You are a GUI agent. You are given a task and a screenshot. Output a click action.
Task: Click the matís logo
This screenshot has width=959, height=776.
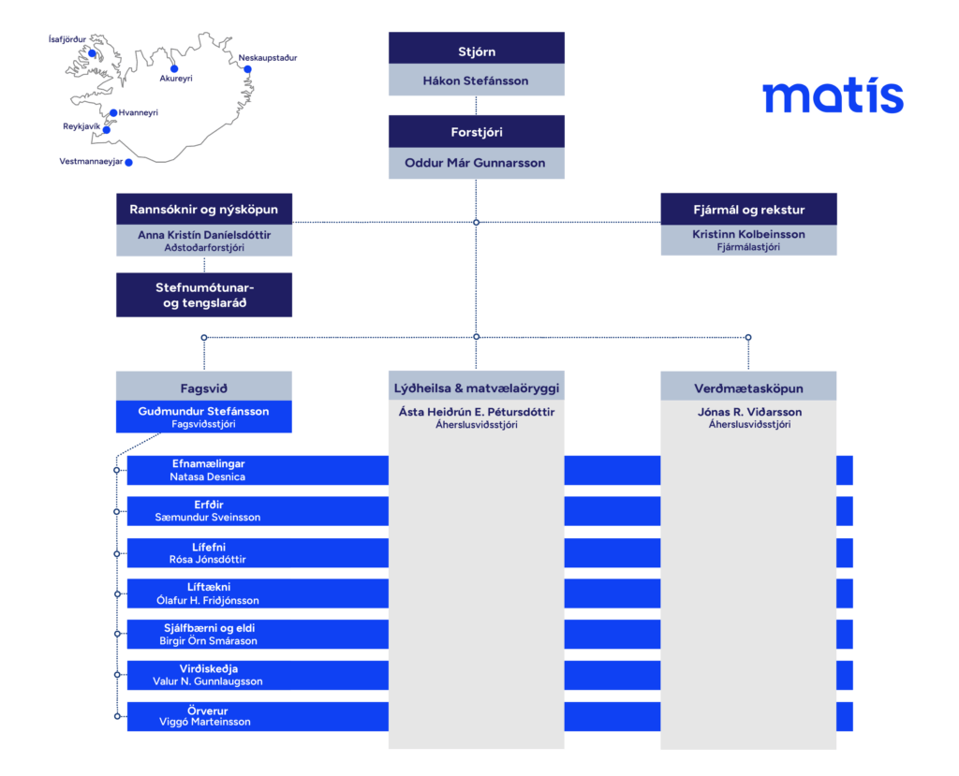(833, 95)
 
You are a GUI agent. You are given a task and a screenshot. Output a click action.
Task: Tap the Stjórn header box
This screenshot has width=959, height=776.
(477, 49)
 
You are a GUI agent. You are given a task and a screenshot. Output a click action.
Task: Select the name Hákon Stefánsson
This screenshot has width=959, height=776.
(476, 81)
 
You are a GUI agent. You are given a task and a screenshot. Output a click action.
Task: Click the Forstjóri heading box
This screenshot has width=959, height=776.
(477, 131)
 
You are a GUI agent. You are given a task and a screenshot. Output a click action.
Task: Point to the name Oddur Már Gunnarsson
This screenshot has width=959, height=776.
(475, 163)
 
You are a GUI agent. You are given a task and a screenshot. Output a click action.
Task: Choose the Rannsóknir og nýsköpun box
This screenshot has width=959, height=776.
(204, 209)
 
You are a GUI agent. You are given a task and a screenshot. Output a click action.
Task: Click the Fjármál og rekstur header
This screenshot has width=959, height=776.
(748, 209)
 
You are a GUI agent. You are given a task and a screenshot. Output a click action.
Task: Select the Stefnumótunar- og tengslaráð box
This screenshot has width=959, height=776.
(204, 295)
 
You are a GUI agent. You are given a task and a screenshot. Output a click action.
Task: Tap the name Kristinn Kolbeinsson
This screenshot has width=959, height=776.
(748, 234)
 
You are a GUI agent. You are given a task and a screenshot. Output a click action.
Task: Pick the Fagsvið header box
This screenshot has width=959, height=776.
(204, 387)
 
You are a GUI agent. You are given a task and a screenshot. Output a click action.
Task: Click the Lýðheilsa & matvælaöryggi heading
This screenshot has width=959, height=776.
(477, 387)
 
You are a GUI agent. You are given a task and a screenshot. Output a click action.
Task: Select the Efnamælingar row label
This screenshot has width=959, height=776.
(209, 463)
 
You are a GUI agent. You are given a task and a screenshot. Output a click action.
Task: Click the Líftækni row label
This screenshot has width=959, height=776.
(209, 587)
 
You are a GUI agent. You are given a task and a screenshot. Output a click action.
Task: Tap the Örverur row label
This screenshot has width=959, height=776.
(208, 710)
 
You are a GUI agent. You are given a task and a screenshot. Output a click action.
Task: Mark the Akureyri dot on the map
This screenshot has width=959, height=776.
(174, 68)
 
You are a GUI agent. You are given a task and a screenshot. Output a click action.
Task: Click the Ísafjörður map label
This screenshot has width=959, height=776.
(67, 39)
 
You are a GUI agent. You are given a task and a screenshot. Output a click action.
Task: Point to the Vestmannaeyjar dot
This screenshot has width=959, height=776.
(129, 162)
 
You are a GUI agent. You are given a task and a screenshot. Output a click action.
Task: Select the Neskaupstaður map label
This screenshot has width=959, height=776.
(268, 57)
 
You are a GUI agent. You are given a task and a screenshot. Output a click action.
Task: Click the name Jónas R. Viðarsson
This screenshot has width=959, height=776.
(750, 412)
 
